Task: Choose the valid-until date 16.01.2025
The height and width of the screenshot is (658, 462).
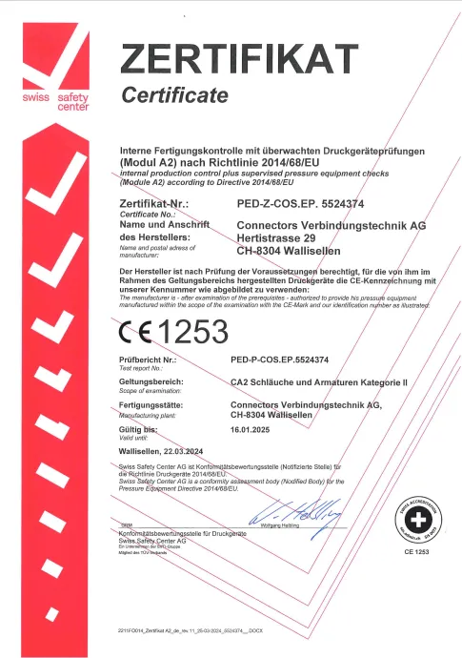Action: (x=252, y=431)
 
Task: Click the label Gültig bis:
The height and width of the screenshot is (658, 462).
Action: (x=139, y=431)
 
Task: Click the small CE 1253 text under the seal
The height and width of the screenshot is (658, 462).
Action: (x=416, y=552)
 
